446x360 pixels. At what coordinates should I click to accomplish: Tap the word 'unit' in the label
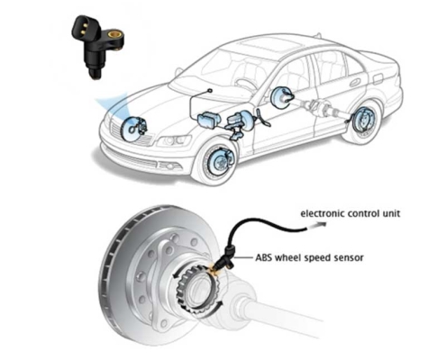coord(391,213)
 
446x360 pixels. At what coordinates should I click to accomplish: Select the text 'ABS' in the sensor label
coord(264,257)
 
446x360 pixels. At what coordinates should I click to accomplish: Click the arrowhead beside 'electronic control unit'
coord(321,224)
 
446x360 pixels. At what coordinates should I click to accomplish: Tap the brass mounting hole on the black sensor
coord(114,33)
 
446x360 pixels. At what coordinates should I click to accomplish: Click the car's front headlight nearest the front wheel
coord(174,140)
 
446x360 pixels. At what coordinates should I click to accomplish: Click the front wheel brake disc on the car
coord(218,161)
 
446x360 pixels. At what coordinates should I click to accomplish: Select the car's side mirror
coord(178,71)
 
